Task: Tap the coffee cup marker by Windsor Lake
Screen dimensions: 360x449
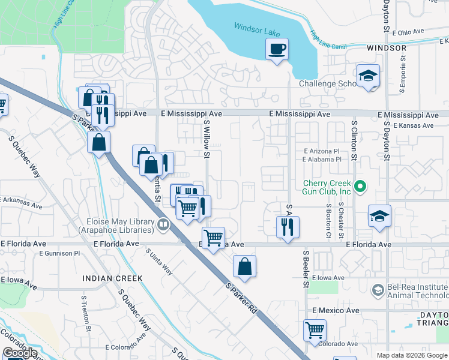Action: tap(277, 49)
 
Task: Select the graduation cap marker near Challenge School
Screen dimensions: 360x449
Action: tap(368, 76)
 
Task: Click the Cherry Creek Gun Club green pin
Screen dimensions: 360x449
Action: tap(360, 187)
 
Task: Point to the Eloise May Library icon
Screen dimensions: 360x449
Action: tap(163, 225)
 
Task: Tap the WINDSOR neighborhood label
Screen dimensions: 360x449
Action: tap(387, 48)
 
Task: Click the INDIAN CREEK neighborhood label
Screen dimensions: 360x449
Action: tap(112, 278)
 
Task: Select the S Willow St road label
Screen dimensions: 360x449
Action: tap(206, 139)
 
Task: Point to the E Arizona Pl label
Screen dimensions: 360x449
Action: tap(322, 151)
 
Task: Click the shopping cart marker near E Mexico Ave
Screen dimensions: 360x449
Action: tap(315, 330)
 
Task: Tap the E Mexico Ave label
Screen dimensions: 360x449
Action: tap(336, 310)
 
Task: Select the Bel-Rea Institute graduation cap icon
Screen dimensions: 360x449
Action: tap(378, 291)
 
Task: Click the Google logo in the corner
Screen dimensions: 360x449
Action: tap(20, 353)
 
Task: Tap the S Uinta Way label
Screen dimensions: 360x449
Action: tap(160, 262)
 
